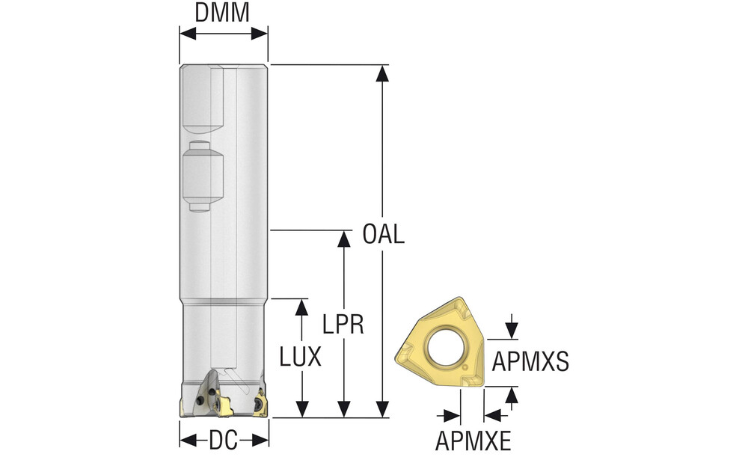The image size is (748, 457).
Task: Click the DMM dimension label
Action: [x=222, y=13]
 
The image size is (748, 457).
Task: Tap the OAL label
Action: [x=383, y=234]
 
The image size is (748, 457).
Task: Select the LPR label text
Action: [x=343, y=325]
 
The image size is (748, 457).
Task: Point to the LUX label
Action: [x=300, y=357]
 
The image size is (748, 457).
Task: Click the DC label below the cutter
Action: [x=223, y=441]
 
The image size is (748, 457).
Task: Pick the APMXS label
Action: [x=530, y=361]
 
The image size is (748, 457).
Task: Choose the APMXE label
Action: [x=473, y=441]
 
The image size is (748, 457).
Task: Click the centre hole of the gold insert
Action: [x=445, y=346]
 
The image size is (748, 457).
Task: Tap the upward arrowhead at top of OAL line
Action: [x=382, y=73]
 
